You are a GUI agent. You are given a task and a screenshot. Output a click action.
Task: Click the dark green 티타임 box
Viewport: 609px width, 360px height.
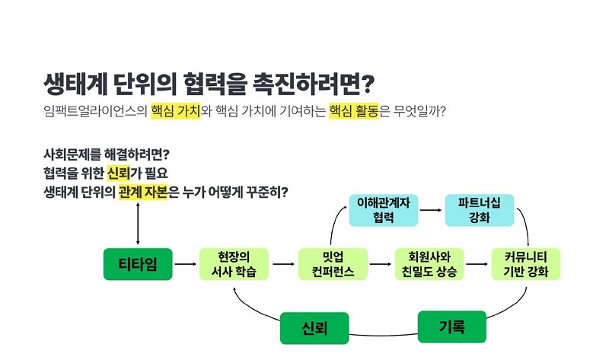138,264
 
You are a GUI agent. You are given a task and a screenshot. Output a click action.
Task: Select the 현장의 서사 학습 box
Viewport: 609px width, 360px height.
234,264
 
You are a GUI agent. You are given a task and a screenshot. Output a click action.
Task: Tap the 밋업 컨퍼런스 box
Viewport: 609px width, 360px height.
333,264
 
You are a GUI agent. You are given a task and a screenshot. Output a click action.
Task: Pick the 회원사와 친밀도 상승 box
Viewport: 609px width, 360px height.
429,264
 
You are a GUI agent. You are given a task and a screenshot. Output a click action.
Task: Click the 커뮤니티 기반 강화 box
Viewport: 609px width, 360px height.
526,264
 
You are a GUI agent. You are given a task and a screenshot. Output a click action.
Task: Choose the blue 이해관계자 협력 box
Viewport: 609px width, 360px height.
384,210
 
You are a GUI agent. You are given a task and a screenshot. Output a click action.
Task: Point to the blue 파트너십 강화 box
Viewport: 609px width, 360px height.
480,210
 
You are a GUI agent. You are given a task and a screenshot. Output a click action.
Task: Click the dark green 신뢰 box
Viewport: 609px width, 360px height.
314,328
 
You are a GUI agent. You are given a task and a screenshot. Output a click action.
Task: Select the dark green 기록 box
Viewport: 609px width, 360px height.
451,327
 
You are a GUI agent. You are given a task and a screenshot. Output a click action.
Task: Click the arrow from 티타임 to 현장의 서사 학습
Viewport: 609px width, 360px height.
186,264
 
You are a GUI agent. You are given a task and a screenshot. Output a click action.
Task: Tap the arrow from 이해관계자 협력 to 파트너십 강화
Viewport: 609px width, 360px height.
431,210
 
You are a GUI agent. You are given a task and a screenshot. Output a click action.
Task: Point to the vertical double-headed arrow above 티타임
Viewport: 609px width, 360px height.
138,224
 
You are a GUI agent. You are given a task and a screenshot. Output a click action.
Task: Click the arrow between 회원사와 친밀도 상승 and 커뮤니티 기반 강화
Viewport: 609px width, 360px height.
477,264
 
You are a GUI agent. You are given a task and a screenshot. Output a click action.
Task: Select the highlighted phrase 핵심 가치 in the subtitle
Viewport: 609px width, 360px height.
176,111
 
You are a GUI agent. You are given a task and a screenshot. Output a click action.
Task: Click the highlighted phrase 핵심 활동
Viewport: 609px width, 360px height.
353,111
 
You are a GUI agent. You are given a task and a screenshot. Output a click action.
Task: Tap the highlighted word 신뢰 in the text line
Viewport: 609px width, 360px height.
119,174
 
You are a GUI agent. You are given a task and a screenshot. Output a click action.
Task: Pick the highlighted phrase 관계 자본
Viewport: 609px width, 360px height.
143,192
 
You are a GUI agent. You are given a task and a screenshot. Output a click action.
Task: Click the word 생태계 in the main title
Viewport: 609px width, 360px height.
75,84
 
